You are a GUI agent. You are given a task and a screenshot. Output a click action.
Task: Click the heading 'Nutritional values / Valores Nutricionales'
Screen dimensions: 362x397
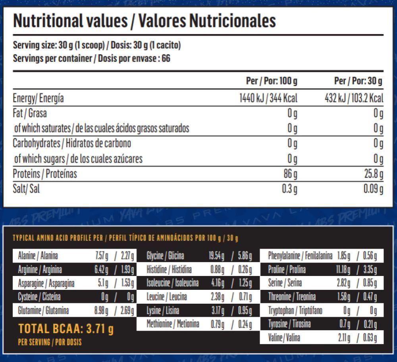pyautogui.click(x=145, y=21)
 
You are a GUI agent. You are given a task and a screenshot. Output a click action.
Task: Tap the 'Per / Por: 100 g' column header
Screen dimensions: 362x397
pyautogui.click(x=272, y=81)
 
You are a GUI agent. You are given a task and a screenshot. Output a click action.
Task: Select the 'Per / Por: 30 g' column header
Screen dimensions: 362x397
pyautogui.click(x=358, y=81)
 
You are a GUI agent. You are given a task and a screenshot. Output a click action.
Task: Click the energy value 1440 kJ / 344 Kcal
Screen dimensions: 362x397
pyautogui.click(x=268, y=98)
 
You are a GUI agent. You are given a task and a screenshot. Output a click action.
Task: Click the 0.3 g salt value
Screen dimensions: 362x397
pyautogui.click(x=289, y=189)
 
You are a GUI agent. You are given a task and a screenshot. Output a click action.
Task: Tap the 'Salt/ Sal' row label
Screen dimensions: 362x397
pyautogui.click(x=26, y=189)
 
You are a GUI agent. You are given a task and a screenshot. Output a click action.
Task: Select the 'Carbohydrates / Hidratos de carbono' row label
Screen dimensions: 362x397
pyautogui.click(x=72, y=143)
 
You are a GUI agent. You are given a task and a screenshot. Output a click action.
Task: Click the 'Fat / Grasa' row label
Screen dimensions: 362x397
pyautogui.click(x=30, y=113)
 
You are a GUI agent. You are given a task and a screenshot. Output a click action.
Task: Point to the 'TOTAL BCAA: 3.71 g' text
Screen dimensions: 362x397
pyautogui.click(x=66, y=329)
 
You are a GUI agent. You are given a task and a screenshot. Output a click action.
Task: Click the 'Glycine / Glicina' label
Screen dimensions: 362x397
pyautogui.click(x=165, y=256)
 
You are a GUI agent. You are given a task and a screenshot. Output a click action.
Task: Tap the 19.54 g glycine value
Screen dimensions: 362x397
pyautogui.click(x=216, y=256)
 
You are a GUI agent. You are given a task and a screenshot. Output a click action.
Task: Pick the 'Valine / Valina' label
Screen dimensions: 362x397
pyautogui.click(x=284, y=338)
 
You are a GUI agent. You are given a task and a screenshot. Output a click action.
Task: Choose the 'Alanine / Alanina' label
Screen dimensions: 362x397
pyautogui.click(x=38, y=256)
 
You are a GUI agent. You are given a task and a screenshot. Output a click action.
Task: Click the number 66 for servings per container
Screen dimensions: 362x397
pyautogui.click(x=166, y=59)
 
